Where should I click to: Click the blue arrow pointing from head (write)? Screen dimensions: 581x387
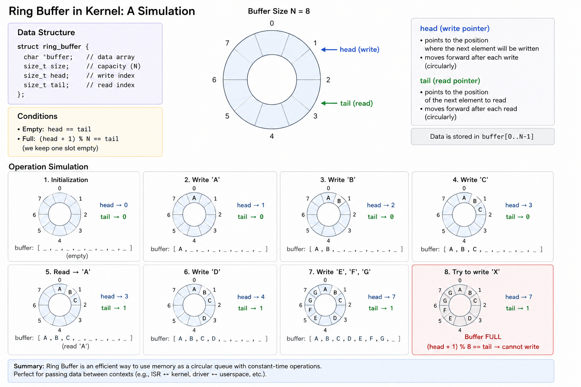[329, 50]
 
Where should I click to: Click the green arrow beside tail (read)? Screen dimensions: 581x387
[329, 104]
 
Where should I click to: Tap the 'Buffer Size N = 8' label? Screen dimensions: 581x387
[279, 11]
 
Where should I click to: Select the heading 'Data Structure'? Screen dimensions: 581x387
[46, 33]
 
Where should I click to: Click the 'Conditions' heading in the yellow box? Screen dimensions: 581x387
[37, 116]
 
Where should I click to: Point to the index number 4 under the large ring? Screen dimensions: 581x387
[272, 136]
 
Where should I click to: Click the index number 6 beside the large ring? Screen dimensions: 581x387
[214, 80]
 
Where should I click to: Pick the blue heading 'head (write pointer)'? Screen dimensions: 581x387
[455, 28]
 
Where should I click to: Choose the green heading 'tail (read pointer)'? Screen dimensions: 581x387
[450, 81]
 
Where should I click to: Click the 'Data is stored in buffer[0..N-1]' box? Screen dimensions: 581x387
[482, 136]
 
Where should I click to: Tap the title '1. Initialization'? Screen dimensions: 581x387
[66, 180]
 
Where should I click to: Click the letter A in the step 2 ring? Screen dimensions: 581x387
[194, 198]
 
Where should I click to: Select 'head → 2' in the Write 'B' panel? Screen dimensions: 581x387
[381, 205]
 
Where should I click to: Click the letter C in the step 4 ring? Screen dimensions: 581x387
[480, 210]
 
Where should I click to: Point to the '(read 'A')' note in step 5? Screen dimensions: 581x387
[76, 346]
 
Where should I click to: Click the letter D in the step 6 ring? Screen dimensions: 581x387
[204, 318]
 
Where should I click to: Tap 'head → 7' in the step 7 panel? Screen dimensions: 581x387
[382, 297]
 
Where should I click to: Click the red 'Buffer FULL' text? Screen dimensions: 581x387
[483, 337]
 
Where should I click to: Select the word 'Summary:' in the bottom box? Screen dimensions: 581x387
[29, 366]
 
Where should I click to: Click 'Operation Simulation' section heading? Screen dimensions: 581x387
[48, 167]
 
